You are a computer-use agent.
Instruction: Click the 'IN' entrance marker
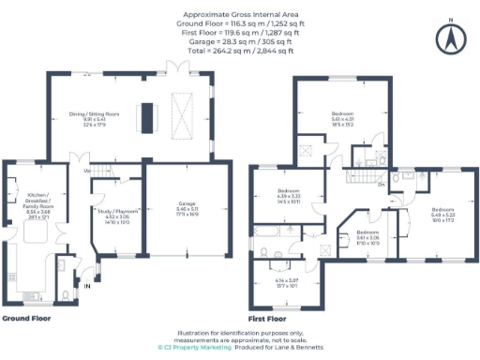[x=87, y=284]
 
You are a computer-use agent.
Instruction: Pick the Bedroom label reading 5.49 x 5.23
[x=443, y=214]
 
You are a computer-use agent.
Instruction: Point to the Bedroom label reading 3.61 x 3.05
[x=367, y=236]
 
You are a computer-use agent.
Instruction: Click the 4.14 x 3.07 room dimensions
[x=286, y=283]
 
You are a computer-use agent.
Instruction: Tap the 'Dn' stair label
[x=381, y=185]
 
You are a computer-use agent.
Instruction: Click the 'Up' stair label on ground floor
[x=87, y=171]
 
